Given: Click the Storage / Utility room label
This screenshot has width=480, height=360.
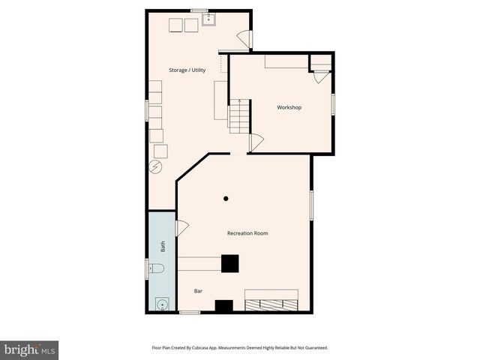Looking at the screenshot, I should pos(187,70).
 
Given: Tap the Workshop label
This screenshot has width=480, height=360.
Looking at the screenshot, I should pos(289,107).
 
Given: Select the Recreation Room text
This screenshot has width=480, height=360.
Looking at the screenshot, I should pos(247,233).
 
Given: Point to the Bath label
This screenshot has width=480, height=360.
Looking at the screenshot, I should pos(163,245).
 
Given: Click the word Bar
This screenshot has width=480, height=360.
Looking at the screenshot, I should pos(199,291).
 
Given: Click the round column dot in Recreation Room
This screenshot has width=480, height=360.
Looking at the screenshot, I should pos(226,199).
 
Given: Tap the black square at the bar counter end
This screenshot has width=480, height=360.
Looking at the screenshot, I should pos(229,263).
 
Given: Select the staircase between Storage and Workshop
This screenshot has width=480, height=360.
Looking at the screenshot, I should pos(238,117).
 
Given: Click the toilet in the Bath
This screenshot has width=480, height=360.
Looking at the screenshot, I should pos(156,268).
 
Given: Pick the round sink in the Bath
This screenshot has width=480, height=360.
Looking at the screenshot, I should pos(160,304).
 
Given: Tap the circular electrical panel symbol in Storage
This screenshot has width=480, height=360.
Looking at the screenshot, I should pos(156,166).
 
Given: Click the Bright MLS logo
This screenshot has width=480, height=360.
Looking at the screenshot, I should pos(29,349).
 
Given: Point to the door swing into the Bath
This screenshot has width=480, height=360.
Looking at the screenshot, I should pos(181,227).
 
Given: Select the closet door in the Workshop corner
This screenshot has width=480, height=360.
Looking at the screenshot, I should pos(321,76).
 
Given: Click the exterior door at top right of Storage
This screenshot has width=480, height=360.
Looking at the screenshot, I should pos(244,37).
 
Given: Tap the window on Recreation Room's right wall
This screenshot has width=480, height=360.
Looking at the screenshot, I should pos(311,205).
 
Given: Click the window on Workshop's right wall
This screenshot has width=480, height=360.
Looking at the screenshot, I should pos(334,103).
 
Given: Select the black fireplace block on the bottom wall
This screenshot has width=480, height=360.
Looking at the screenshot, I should pos(224,305).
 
